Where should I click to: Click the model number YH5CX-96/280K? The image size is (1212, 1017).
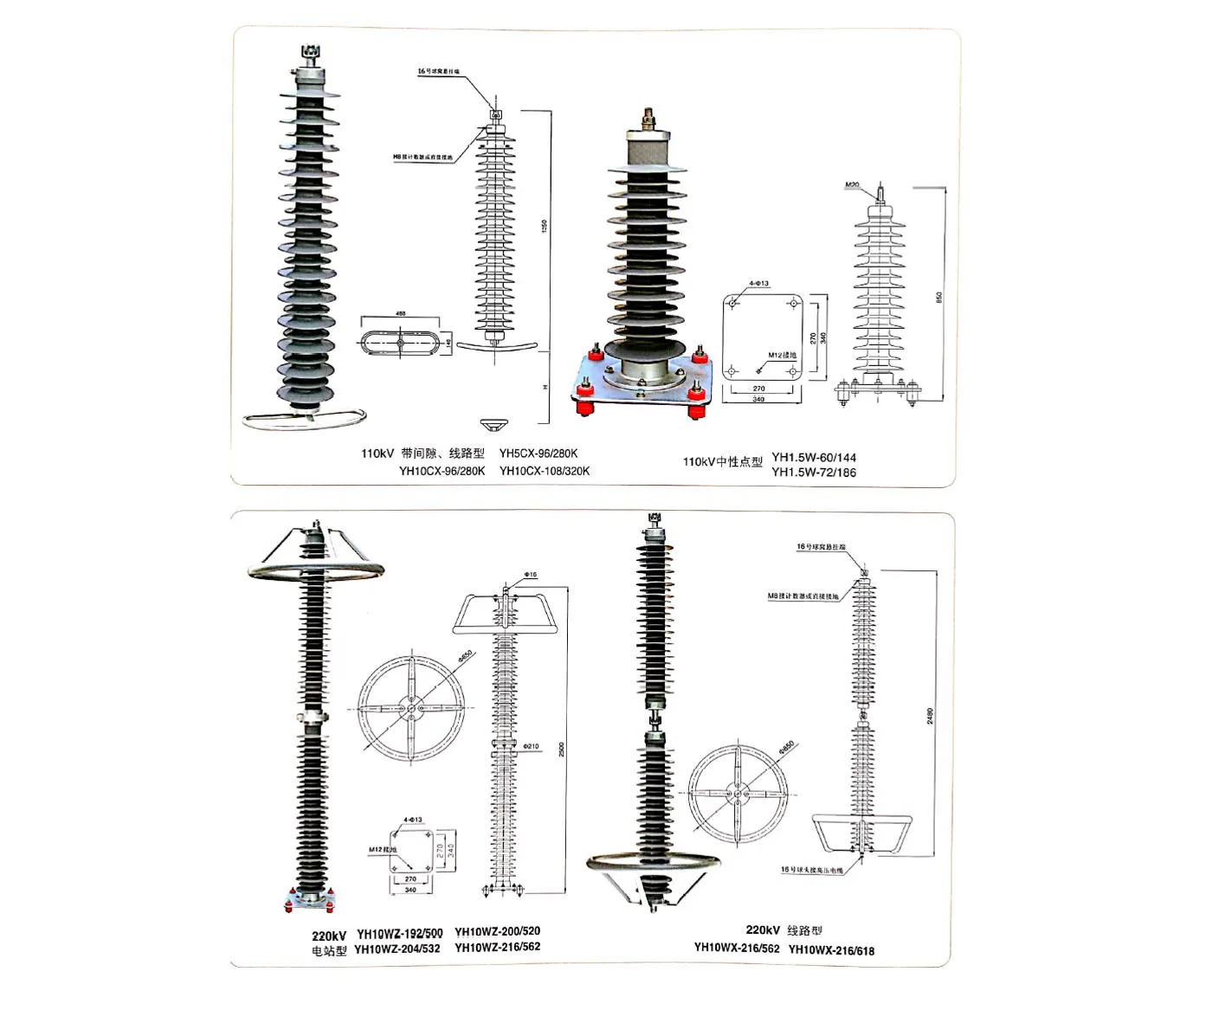coord(538,454)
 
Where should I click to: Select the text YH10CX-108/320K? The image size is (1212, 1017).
coord(545,471)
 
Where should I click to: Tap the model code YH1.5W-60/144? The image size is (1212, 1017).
coord(814,457)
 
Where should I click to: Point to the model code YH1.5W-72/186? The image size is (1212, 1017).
coord(814,473)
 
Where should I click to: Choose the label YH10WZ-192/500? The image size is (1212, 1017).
coord(400,934)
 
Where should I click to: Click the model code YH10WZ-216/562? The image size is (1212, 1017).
coord(497,947)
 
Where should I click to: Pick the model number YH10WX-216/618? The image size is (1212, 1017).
coord(831,950)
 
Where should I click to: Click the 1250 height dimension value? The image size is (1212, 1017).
coord(545,226)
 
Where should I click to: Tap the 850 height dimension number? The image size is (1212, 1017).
coord(939,297)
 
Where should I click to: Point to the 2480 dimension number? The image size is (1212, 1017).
coord(931,716)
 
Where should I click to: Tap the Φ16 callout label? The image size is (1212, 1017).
coord(531,576)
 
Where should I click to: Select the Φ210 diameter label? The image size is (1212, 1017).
coord(532,746)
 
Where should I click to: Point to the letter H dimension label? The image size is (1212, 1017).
coord(545,388)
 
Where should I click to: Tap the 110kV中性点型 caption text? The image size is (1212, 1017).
coord(722,462)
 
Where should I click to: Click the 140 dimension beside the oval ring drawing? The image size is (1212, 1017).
coord(448,343)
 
